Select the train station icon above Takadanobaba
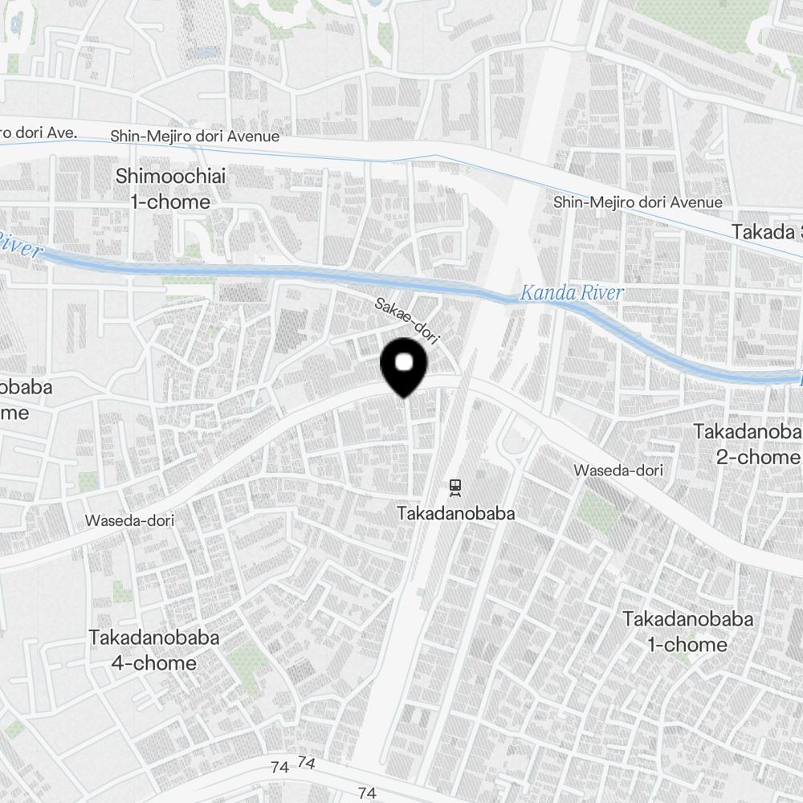[455, 486]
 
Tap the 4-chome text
[154, 663]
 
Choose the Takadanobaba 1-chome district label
[687, 632]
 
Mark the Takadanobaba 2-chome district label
[747, 444]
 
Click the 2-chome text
[758, 457]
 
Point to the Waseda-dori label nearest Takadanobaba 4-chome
[129, 520]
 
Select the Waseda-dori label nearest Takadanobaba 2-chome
[619, 470]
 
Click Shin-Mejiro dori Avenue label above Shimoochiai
[195, 137]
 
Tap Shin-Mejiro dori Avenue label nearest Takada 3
[638, 202]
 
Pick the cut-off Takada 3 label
[766, 232]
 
